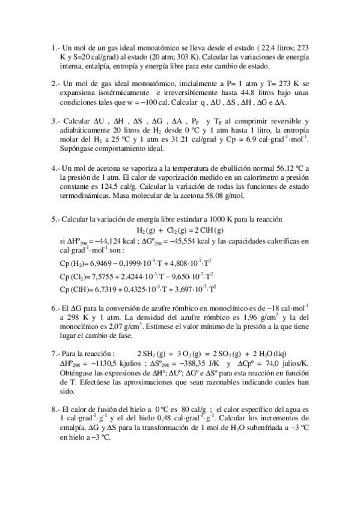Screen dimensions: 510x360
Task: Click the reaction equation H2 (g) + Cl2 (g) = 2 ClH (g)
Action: point(180,230)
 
